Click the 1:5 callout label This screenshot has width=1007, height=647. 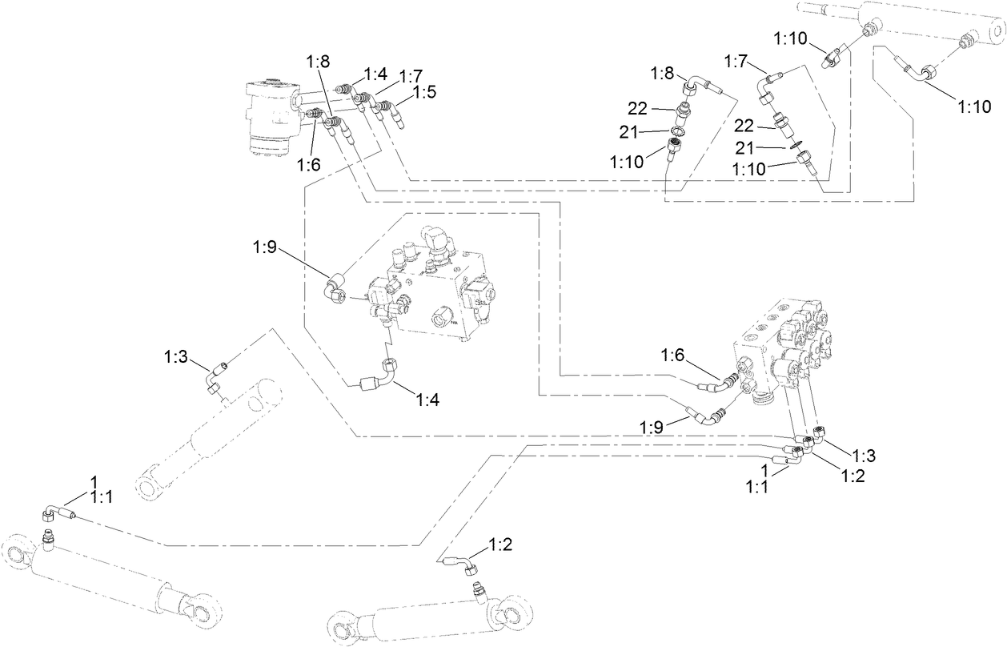(x=424, y=92)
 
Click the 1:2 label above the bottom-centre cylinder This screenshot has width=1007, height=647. (x=501, y=545)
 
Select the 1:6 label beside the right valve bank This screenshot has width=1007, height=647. (x=674, y=355)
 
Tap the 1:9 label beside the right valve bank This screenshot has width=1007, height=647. (x=652, y=427)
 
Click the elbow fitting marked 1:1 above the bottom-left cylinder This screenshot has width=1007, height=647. (x=53, y=512)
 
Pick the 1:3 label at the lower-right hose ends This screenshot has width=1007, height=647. (x=863, y=456)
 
